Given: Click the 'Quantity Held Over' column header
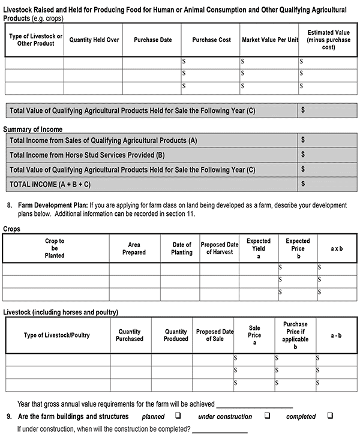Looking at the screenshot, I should point(94,40).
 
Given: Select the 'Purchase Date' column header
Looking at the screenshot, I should point(153,40).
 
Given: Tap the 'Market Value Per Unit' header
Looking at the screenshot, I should point(270,40).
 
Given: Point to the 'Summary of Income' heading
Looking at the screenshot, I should point(32,130).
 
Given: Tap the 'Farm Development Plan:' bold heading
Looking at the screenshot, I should point(53,205).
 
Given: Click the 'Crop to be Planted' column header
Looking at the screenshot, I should point(55,248).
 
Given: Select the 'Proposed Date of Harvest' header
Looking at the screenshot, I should point(220,248).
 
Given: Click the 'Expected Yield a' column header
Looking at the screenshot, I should point(258,248).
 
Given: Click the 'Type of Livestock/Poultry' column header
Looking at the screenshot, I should point(56,335).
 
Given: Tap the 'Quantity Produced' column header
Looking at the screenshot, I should point(176,335).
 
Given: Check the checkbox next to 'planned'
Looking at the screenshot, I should point(178,416).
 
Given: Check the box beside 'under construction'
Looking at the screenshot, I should point(267,416).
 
